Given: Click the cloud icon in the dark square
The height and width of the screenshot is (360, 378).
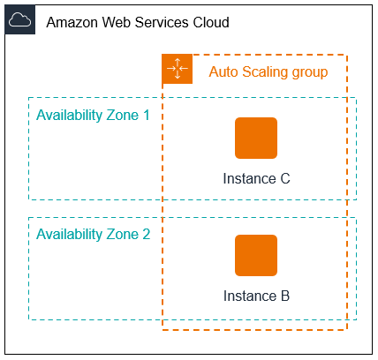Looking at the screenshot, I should pyautogui.click(x=20, y=20).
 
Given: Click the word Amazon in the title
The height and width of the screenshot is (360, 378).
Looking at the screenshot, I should pyautogui.click(x=73, y=21).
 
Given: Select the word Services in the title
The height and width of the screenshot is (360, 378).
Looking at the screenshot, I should pyautogui.click(x=165, y=21).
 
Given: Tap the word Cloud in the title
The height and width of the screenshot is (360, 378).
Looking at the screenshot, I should pyautogui.click(x=212, y=21).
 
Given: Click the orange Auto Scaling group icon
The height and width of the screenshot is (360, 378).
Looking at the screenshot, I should pyautogui.click(x=177, y=70).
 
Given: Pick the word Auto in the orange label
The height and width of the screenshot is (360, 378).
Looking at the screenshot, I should pyautogui.click(x=223, y=71).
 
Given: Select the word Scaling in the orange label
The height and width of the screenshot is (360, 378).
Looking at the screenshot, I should pyautogui.click(x=265, y=71).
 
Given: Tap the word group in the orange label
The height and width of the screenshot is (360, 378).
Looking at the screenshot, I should pyautogui.click(x=311, y=71).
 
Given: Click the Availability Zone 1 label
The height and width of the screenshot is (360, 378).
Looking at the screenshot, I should pyautogui.click(x=93, y=116).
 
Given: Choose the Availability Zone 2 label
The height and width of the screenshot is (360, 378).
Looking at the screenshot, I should pyautogui.click(x=93, y=235).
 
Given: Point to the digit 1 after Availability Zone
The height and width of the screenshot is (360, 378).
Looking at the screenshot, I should pyautogui.click(x=146, y=116).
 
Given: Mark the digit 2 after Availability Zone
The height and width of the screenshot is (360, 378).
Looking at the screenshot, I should pyautogui.click(x=146, y=235).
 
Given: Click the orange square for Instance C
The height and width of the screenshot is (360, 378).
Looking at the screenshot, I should pyautogui.click(x=256, y=138).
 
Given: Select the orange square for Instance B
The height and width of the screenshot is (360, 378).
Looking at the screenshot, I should pyautogui.click(x=256, y=256).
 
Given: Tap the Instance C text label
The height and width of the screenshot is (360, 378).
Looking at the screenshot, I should pyautogui.click(x=256, y=178).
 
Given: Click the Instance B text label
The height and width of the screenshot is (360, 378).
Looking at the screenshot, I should pyautogui.click(x=256, y=296).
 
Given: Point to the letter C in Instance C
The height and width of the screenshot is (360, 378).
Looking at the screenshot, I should pyautogui.click(x=284, y=178).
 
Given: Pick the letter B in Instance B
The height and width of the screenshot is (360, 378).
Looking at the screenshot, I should pyautogui.click(x=284, y=296).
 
